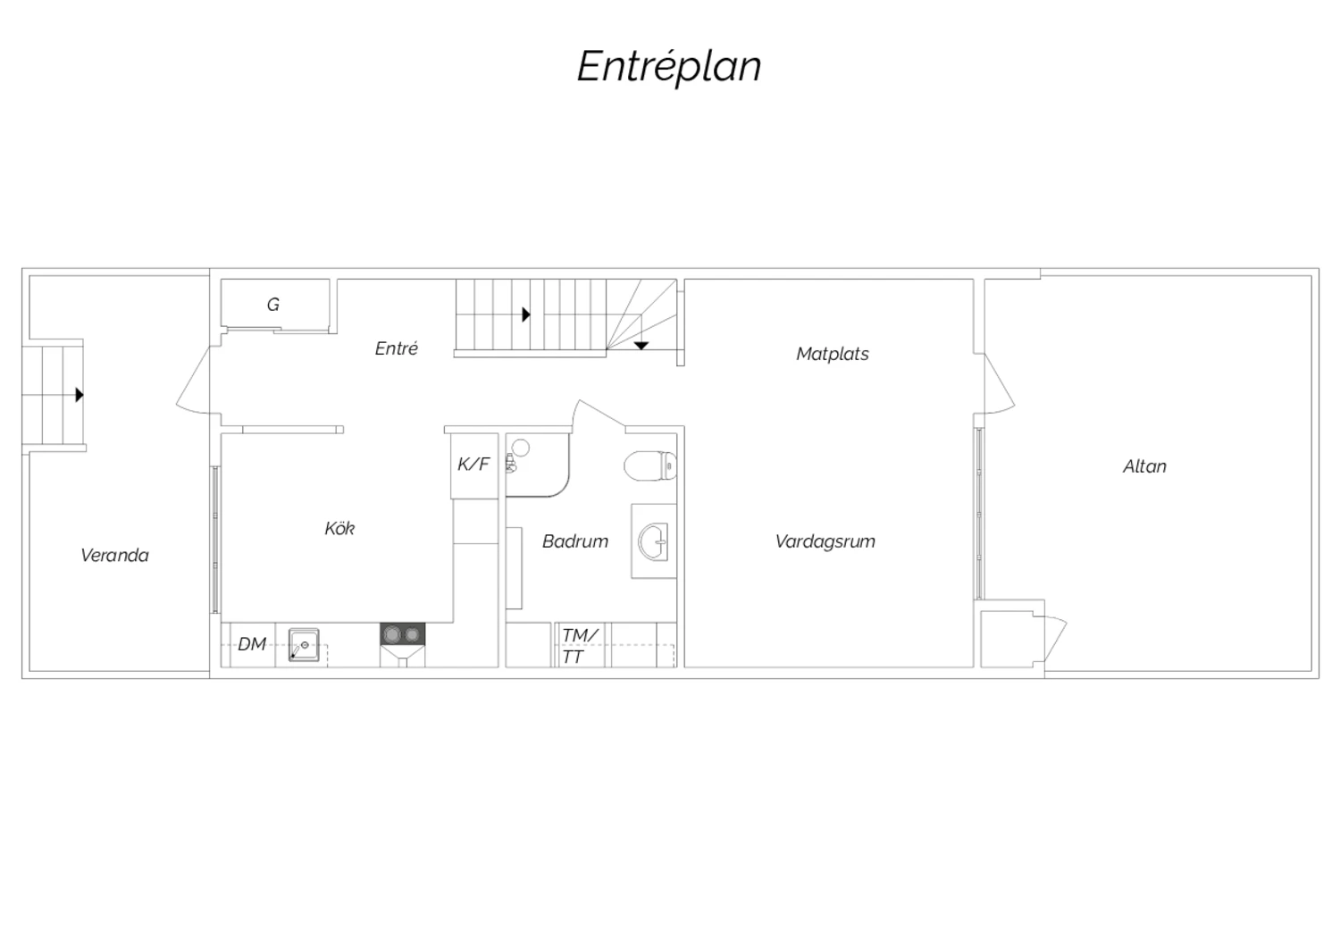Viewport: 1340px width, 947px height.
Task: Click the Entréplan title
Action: (x=669, y=67)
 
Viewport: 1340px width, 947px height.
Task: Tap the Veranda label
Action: (x=114, y=555)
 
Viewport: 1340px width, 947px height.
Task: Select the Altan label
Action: (x=1144, y=466)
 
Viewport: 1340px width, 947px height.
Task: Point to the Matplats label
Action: (x=832, y=354)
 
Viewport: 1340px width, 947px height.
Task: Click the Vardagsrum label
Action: (x=825, y=541)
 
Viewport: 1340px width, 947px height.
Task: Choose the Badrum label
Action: (x=575, y=541)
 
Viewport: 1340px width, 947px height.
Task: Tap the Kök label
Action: (x=339, y=528)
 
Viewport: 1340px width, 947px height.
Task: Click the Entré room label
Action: (x=396, y=348)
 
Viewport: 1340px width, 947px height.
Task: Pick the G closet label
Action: (x=272, y=305)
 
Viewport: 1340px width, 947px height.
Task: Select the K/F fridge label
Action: (x=473, y=464)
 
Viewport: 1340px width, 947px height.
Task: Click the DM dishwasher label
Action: (x=252, y=644)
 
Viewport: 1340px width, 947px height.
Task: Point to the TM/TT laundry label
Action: (x=579, y=646)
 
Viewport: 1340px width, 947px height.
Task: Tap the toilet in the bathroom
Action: (x=650, y=465)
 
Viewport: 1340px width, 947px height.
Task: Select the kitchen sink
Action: (x=304, y=645)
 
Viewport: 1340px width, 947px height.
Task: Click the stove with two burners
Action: (x=403, y=634)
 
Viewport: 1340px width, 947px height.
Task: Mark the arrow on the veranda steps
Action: (x=80, y=395)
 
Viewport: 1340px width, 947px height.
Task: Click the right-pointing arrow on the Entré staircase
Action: (x=526, y=314)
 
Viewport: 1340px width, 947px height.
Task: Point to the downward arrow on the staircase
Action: (x=641, y=346)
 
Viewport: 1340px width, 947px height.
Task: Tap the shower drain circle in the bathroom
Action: (x=521, y=448)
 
